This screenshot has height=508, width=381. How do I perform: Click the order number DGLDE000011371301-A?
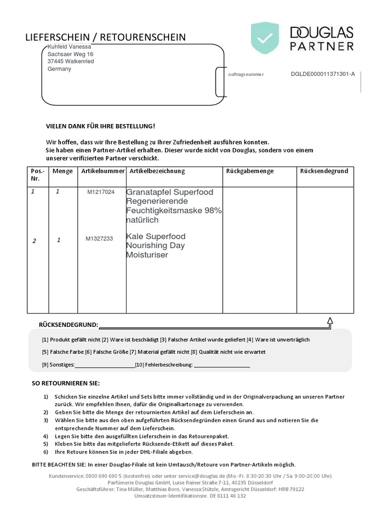coord(323,74)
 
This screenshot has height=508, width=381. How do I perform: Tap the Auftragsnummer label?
coord(246,74)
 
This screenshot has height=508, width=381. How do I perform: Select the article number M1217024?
coord(101,192)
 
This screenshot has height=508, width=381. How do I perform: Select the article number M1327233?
coord(99,239)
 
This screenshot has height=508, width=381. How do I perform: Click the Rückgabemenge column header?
coord(250,171)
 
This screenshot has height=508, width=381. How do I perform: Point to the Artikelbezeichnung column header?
coord(157,171)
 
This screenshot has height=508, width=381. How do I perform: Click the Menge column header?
coord(63,171)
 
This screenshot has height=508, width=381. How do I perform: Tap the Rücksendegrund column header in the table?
coord(324,171)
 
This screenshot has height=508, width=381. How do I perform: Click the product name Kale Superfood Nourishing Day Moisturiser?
coord(155,246)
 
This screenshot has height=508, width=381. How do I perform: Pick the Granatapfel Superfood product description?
coord(174,205)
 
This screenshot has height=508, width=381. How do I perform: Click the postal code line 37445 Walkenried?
coord(71,62)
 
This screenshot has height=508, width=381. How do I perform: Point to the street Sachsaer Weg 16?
coord(70,54)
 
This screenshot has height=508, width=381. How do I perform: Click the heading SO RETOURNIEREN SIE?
coord(65,383)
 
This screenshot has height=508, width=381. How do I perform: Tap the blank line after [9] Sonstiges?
coord(105,366)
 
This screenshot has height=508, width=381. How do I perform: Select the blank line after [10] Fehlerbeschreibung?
coord(222,366)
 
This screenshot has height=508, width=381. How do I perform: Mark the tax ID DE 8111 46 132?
coord(228,496)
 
